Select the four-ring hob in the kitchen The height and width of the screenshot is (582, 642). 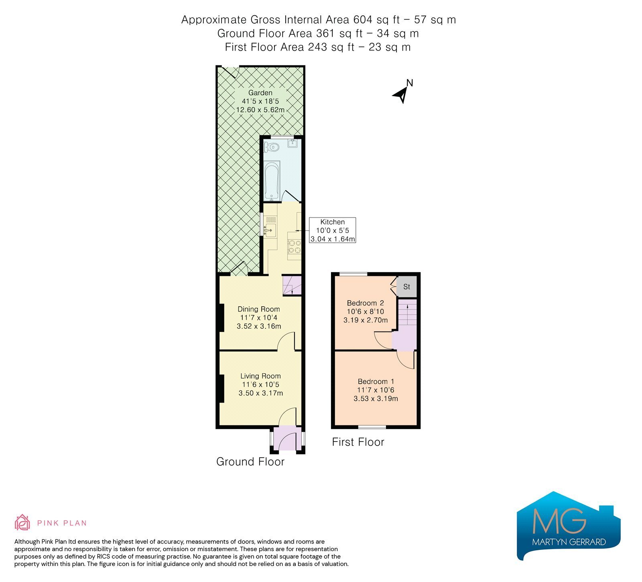coord(295,246)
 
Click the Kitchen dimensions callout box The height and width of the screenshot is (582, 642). coord(332,230)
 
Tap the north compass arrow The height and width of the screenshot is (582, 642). coord(400,95)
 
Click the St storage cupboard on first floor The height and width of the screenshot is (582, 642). coord(407,287)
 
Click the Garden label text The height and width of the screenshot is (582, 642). coord(260,93)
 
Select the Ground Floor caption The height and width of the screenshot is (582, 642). coord(250,462)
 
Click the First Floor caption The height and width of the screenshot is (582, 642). coord(358,442)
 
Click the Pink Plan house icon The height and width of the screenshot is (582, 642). coord(22,522)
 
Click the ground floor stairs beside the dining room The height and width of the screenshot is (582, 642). coord(292,285)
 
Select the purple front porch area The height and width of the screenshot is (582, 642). coord(287,439)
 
